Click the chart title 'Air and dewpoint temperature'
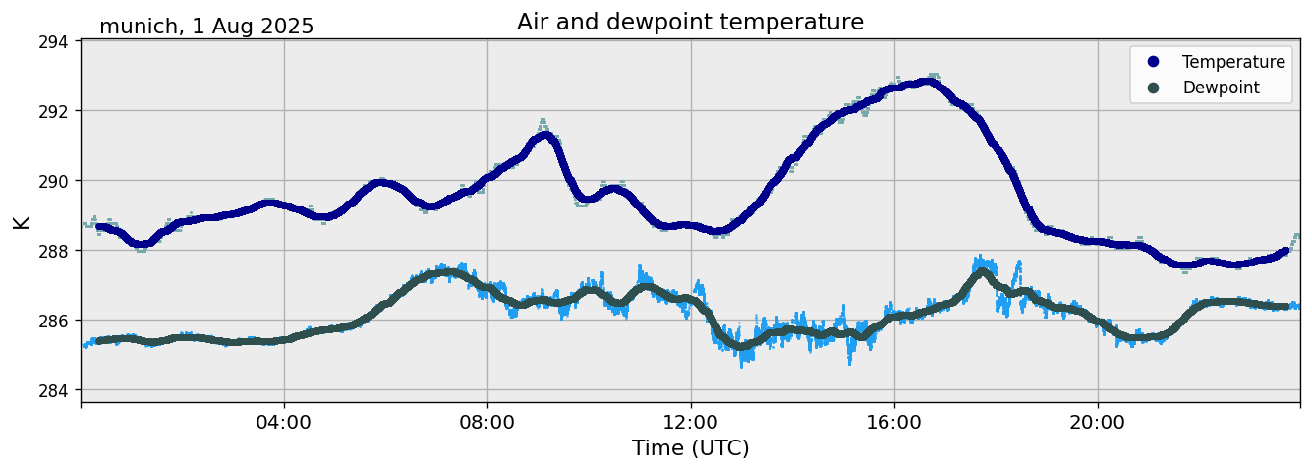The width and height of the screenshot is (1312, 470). click(x=690, y=22)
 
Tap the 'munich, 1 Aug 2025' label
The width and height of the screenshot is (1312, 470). click(x=206, y=27)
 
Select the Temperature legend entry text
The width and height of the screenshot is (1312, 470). click(x=1233, y=62)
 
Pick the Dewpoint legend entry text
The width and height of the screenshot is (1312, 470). click(x=1221, y=88)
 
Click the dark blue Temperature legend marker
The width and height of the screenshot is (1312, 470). click(x=1154, y=62)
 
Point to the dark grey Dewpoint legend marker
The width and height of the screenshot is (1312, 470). click(x=1154, y=88)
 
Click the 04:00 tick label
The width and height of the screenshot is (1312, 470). click(x=284, y=422)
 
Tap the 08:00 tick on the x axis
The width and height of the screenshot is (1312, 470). click(x=487, y=422)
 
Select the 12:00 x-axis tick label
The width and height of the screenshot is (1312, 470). click(x=691, y=422)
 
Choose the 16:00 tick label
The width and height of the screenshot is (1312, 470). click(x=894, y=422)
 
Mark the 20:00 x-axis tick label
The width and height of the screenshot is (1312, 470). click(x=1098, y=422)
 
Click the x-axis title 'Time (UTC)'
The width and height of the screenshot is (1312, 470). click(x=690, y=448)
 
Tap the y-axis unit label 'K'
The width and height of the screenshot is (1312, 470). click(x=21, y=221)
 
